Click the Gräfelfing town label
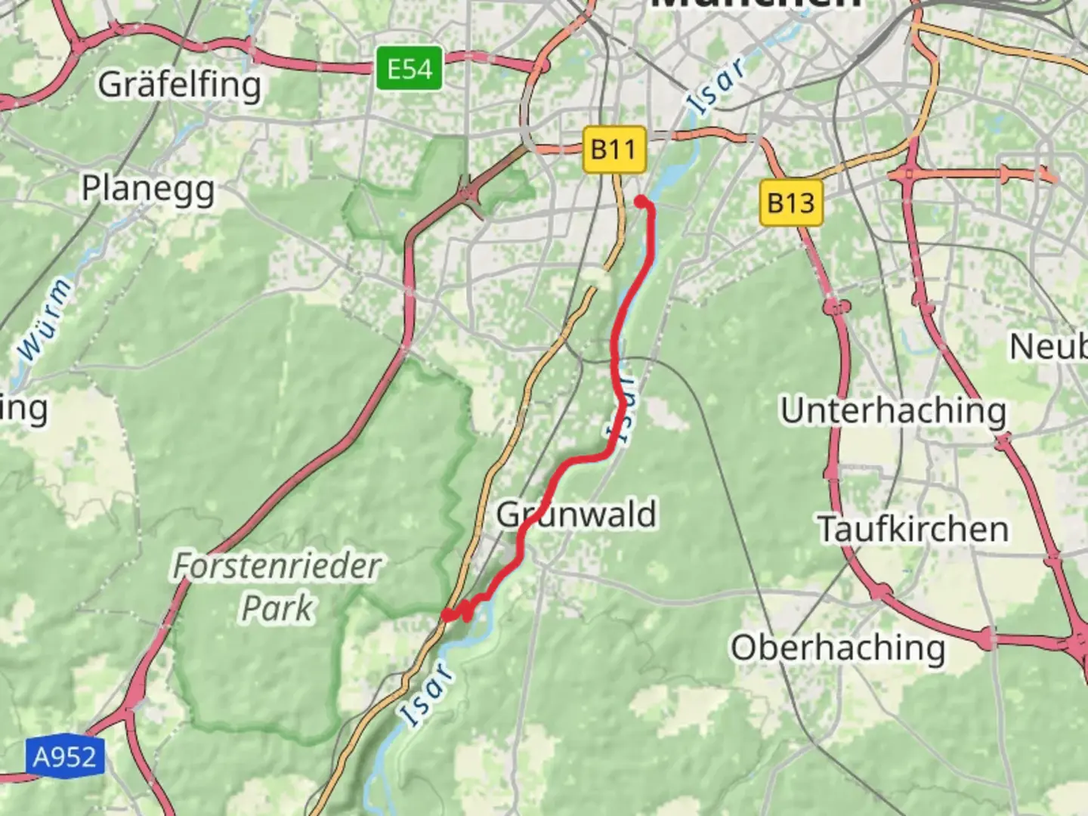(x=179, y=85)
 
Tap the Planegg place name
(x=148, y=189)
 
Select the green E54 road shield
(x=410, y=70)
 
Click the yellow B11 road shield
(x=614, y=149)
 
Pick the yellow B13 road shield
(x=790, y=202)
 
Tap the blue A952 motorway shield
(x=64, y=756)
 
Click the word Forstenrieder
(x=277, y=566)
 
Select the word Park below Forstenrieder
(x=277, y=608)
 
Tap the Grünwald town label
(x=576, y=515)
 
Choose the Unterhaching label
(x=893, y=411)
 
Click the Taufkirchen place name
(x=913, y=529)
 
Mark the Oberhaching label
(x=837, y=648)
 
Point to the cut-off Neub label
(x=1049, y=347)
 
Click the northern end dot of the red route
(x=641, y=201)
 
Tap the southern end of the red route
(x=448, y=616)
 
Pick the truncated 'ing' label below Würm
(x=24, y=410)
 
